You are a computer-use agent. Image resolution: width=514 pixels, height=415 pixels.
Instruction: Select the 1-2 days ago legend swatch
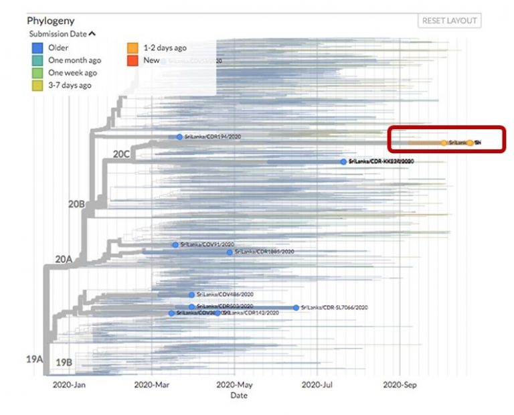(134, 48)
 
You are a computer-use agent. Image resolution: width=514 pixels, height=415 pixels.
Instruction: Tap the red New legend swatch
(134, 60)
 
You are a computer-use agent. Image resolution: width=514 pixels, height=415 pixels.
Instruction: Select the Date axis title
(239, 396)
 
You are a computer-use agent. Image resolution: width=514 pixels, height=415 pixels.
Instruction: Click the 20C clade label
(121, 154)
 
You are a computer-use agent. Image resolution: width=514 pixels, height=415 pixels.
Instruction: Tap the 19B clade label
(64, 362)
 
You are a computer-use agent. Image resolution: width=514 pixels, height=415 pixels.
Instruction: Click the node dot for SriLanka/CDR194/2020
(179, 137)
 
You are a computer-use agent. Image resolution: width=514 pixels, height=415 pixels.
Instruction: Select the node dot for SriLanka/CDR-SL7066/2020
(296, 307)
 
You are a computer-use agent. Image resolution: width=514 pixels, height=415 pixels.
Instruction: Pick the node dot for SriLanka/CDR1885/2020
(230, 252)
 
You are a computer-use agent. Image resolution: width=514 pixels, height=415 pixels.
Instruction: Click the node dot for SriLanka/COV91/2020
(175, 245)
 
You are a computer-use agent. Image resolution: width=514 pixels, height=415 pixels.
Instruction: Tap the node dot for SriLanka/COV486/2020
(191, 295)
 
